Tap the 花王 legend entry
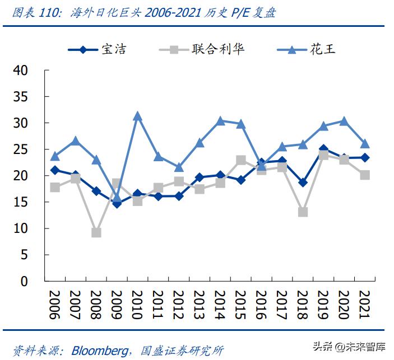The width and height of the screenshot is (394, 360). click(323, 49)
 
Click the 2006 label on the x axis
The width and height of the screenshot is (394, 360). click(55, 305)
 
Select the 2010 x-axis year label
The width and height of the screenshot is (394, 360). click(137, 305)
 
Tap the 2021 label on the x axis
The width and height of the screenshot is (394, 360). click(364, 305)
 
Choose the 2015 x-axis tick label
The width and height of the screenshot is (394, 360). click(240, 305)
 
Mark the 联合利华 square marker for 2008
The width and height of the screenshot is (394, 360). click(96, 232)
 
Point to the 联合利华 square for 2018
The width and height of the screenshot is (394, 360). click(303, 212)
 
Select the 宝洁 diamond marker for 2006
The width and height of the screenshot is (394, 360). click(55, 170)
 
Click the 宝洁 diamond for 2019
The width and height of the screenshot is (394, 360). click(323, 150)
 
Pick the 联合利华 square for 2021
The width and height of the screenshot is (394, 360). click(364, 175)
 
